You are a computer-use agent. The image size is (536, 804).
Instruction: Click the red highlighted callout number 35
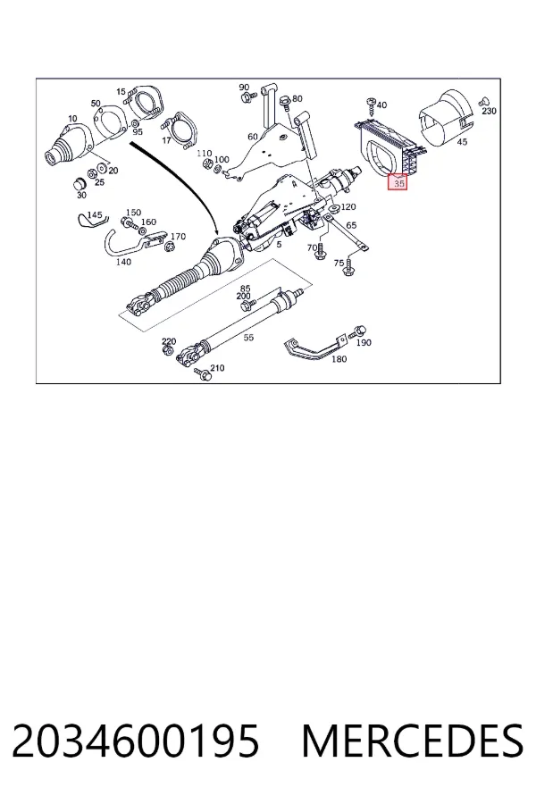click(x=399, y=182)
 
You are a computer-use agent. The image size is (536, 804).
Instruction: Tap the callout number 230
click(x=489, y=111)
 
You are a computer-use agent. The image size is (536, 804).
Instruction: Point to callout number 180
click(x=339, y=359)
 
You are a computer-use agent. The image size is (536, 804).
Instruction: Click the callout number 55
click(x=248, y=338)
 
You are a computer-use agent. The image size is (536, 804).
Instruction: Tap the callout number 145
click(x=95, y=214)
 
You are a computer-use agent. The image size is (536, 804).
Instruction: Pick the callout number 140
click(x=123, y=262)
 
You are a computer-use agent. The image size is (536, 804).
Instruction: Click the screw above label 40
click(x=372, y=106)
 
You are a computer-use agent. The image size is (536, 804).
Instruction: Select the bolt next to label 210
click(x=203, y=375)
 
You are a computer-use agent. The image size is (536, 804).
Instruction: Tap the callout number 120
click(x=348, y=206)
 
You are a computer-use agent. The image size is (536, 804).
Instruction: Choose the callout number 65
click(x=351, y=225)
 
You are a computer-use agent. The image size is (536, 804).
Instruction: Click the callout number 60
click(x=253, y=137)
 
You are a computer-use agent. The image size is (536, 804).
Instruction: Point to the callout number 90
click(x=244, y=88)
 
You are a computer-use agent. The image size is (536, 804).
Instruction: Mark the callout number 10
click(x=72, y=119)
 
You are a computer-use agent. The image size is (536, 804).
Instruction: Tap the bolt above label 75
click(x=350, y=266)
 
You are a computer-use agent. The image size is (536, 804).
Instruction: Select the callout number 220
click(x=169, y=341)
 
